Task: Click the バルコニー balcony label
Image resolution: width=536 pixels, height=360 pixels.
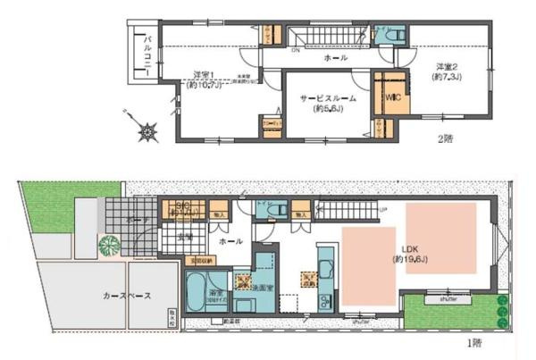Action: (x=147, y=54)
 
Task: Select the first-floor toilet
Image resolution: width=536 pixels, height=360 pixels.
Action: (x=276, y=210)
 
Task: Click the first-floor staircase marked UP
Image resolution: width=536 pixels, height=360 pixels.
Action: (x=348, y=213)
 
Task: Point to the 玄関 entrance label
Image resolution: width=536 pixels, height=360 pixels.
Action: (x=184, y=237)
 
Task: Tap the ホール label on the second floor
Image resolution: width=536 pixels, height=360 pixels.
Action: (x=336, y=58)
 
